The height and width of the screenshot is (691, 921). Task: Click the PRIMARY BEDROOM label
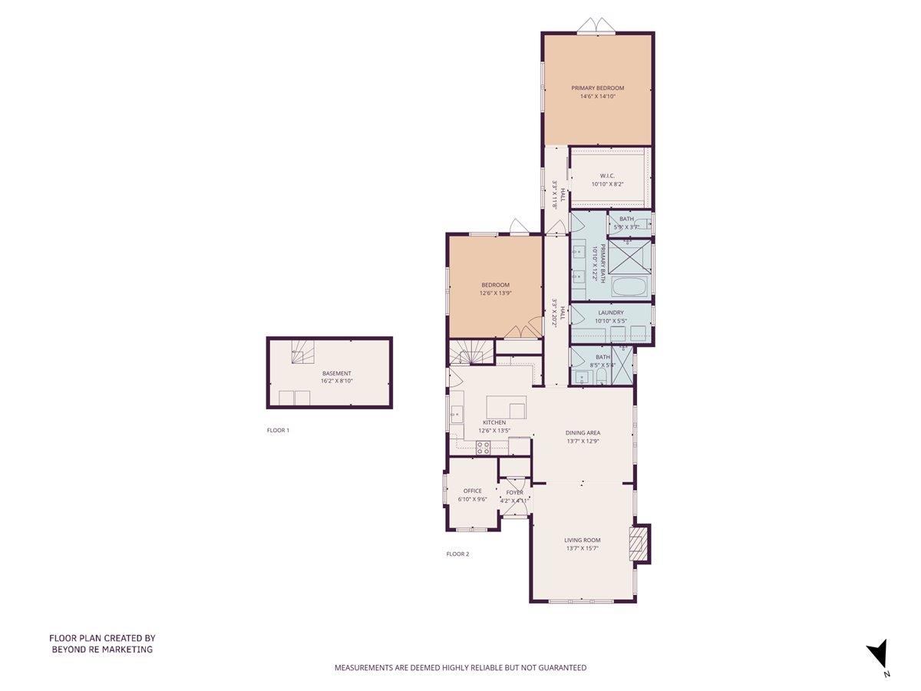(x=597, y=88)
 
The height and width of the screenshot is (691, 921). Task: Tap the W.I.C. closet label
(x=607, y=176)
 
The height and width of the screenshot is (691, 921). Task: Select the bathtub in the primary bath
(x=630, y=288)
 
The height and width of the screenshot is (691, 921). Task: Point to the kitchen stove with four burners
(x=483, y=448)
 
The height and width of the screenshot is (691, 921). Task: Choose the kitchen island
(x=507, y=407)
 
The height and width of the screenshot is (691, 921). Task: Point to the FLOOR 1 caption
(x=278, y=431)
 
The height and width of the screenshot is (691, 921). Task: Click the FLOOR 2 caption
(x=457, y=554)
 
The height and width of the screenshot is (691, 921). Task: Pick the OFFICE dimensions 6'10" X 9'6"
(x=473, y=499)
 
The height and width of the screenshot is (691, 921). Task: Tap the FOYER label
(x=514, y=492)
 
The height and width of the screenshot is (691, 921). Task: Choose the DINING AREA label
(x=583, y=432)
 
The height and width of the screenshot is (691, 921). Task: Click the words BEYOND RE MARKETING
(x=102, y=650)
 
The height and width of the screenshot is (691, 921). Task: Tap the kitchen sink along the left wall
(x=456, y=414)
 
